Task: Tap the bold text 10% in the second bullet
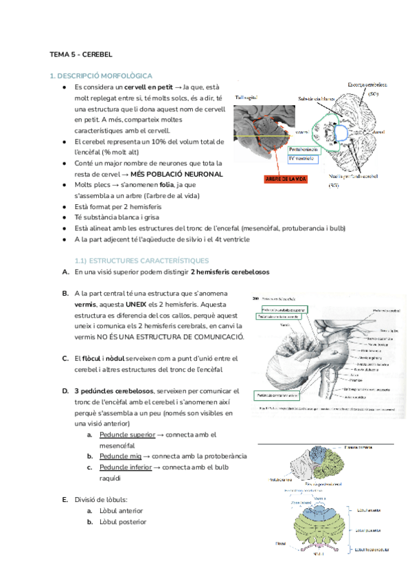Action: coord(170,142)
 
